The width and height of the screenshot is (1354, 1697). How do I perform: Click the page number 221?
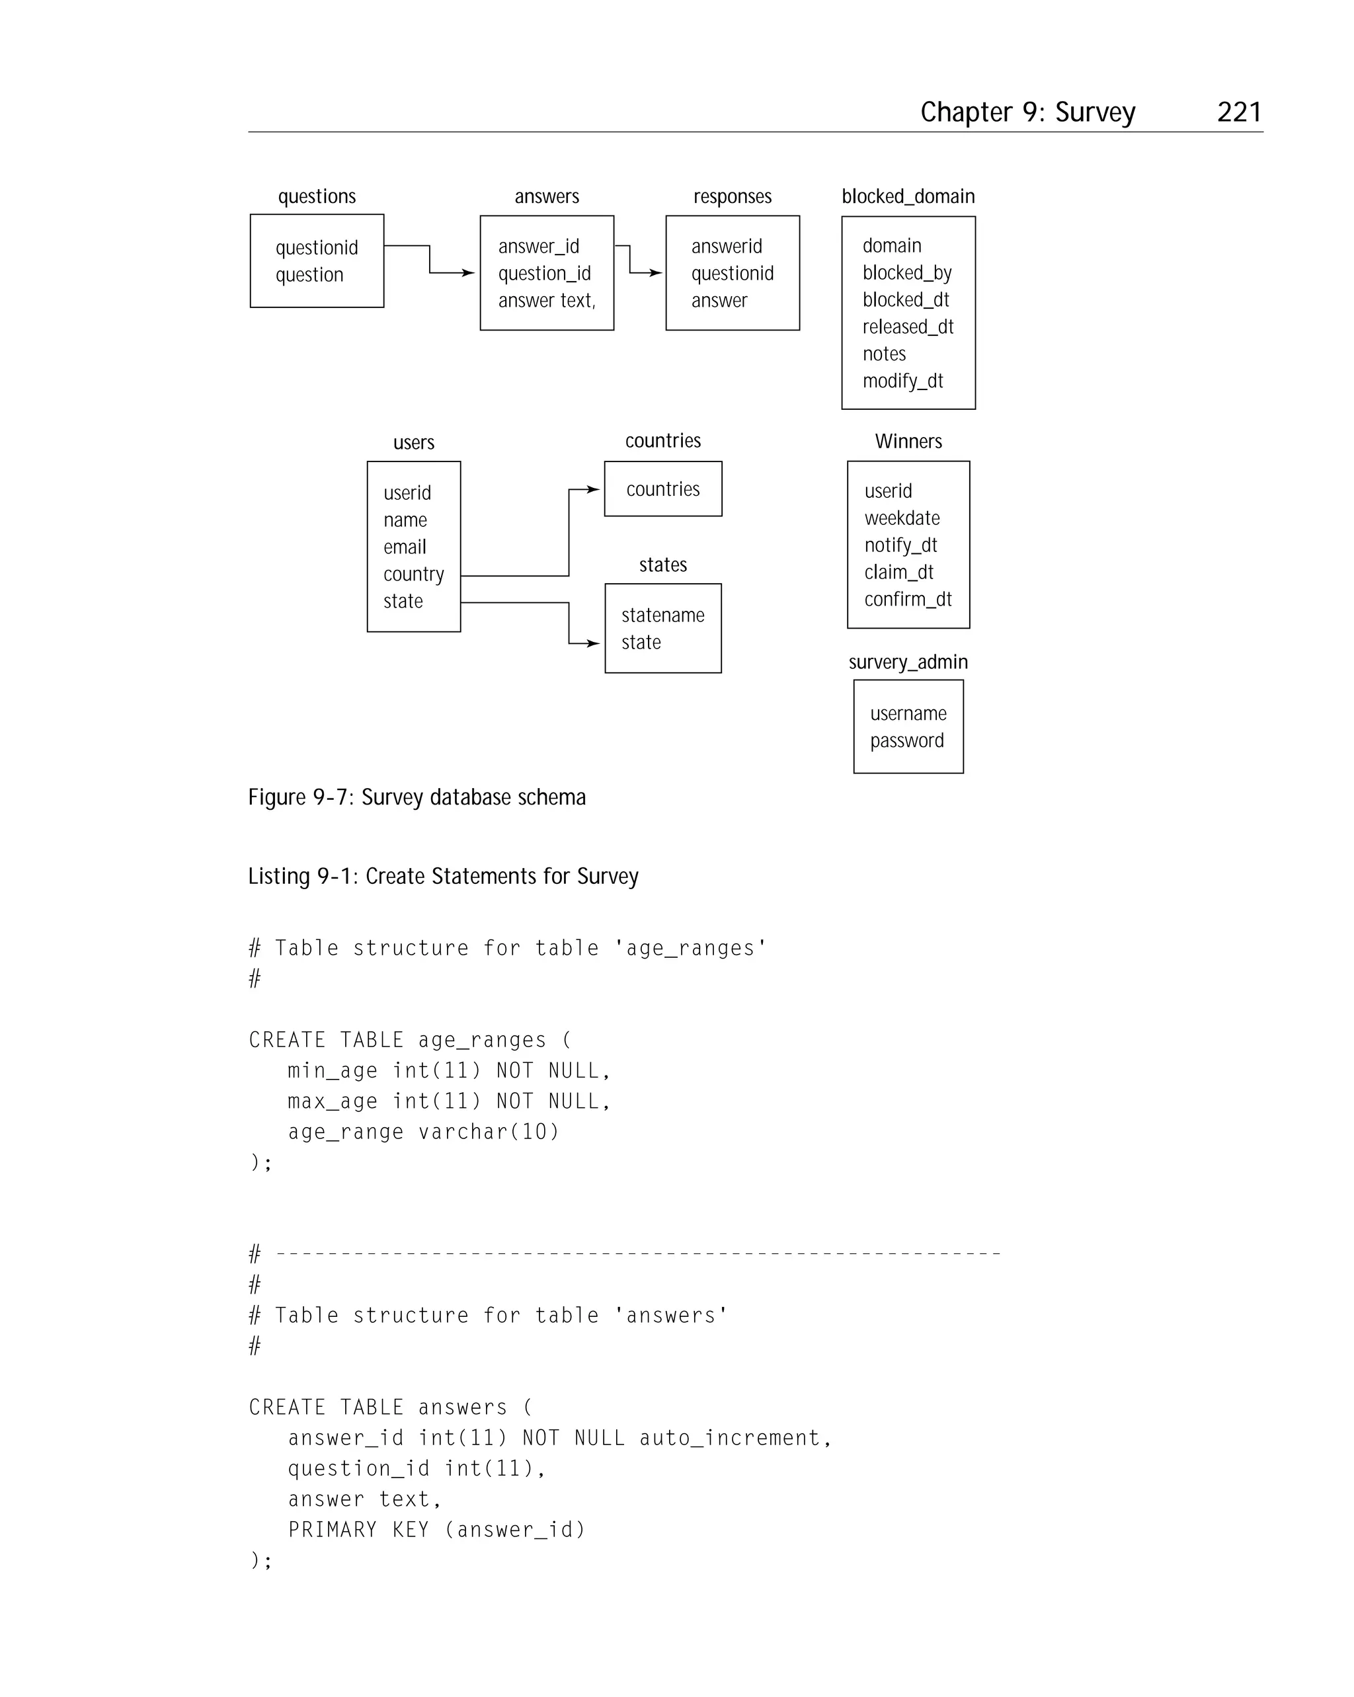1238,112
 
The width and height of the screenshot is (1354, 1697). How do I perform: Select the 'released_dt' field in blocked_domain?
907,327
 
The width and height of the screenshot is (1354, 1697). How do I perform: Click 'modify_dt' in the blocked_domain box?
902,381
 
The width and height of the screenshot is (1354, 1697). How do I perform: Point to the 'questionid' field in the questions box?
317,248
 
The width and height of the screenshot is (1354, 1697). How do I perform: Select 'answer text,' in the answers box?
546,301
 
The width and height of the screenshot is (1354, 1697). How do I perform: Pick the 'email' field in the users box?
405,547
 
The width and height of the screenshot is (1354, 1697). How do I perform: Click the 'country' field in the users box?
413,574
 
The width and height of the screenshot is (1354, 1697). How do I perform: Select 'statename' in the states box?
663,615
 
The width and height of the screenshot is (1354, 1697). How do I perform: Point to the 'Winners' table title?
908,442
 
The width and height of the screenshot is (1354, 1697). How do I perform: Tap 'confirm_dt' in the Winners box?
908,600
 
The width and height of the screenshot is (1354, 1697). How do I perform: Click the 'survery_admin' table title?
908,662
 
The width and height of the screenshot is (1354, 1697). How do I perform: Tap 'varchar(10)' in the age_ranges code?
488,1132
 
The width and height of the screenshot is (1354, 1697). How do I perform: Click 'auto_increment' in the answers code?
730,1438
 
